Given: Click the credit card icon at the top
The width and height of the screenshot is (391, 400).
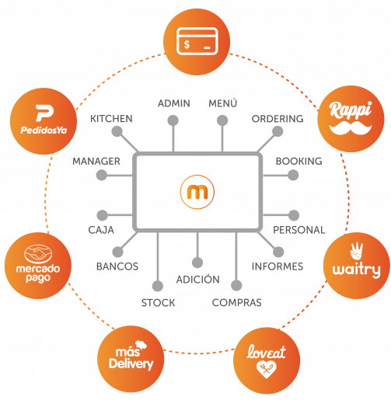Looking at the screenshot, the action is click(x=197, y=41).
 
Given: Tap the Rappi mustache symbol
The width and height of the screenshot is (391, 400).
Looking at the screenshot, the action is click(x=351, y=128).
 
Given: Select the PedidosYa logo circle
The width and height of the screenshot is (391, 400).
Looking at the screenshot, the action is click(x=44, y=121).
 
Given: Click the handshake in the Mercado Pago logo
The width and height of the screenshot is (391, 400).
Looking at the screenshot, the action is click(x=38, y=253).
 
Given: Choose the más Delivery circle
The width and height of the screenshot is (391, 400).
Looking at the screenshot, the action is click(x=131, y=359).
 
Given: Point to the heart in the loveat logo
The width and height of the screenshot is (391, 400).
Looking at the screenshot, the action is click(x=267, y=370).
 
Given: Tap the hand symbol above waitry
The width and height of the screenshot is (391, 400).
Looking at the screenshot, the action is click(x=356, y=251).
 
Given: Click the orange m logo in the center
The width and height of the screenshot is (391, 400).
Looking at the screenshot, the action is click(x=197, y=192).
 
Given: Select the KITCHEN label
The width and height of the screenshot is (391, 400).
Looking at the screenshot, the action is click(x=111, y=119).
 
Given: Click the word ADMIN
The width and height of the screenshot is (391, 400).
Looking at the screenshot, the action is click(x=174, y=103).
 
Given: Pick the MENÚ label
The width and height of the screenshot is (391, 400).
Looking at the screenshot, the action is click(x=222, y=103).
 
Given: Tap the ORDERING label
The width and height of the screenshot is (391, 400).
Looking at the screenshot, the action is click(x=278, y=119).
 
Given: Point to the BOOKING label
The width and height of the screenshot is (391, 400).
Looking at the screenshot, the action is click(x=298, y=161).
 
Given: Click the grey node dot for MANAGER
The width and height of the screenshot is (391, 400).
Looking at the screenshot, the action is click(x=102, y=175).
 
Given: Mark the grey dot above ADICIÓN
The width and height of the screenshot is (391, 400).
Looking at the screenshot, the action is click(x=197, y=263).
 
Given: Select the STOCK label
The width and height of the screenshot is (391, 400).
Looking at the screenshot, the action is click(x=158, y=303).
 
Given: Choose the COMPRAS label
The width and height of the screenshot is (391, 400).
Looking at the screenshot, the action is click(x=236, y=302).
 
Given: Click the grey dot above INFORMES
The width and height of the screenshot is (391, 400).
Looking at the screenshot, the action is click(x=278, y=252).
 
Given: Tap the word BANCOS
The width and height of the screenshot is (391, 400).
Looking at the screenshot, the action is click(x=117, y=266).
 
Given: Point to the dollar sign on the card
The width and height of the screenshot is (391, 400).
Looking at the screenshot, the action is click(x=187, y=44).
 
